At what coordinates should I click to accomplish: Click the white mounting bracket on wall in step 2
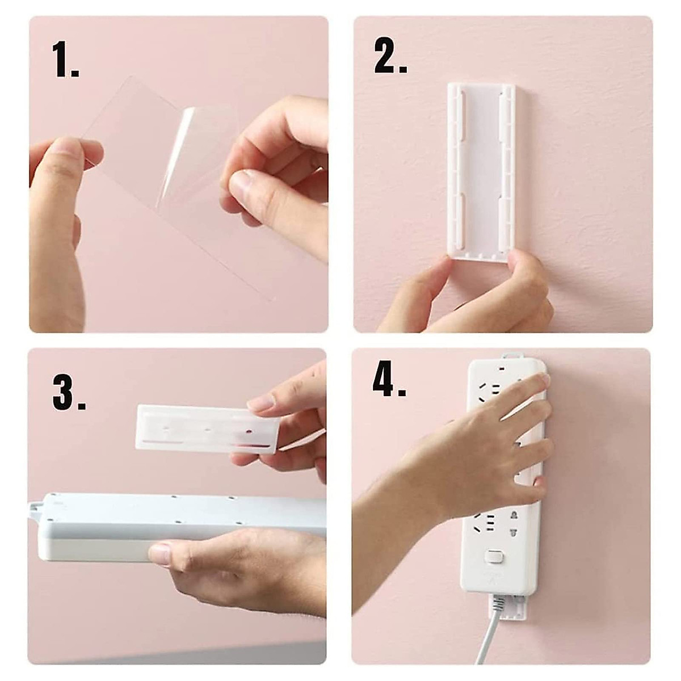481,170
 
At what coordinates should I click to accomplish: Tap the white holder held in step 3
207,428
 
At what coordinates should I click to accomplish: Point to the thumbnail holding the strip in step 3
161,553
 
